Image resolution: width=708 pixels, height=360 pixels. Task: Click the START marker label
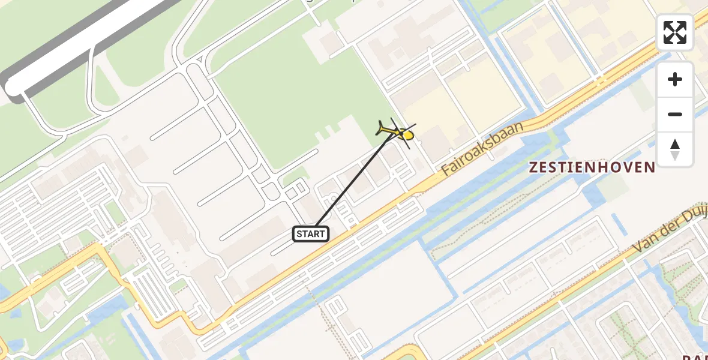click(x=311, y=234)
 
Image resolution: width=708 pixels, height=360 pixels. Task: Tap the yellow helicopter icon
click(x=397, y=131)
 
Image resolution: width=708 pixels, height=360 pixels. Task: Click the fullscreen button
click(x=675, y=32)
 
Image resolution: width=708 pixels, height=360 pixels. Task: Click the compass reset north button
click(x=675, y=149)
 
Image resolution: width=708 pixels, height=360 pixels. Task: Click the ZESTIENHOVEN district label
click(x=592, y=167)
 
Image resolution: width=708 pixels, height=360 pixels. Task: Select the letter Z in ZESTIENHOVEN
click(x=533, y=167)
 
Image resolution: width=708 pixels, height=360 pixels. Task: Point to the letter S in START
click(x=299, y=234)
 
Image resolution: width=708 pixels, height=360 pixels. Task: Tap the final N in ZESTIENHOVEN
click(x=650, y=167)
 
